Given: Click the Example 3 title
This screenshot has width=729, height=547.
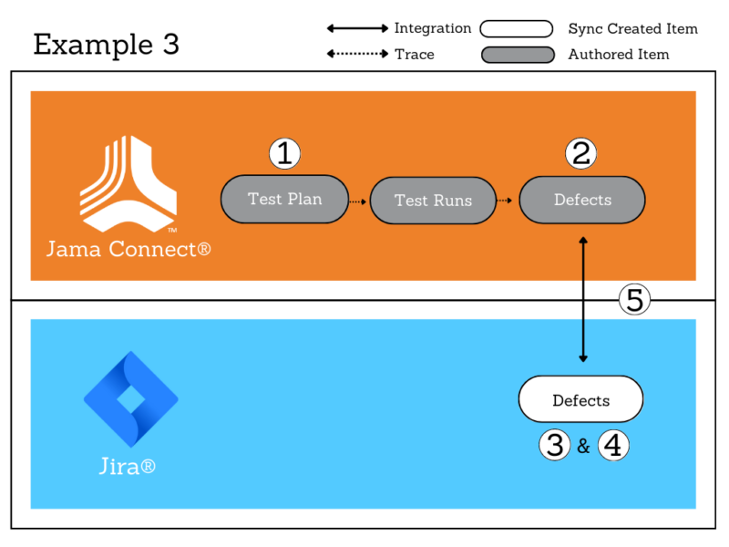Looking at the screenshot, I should pyautogui.click(x=106, y=45).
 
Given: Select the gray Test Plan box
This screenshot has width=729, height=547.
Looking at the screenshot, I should pyautogui.click(x=285, y=199).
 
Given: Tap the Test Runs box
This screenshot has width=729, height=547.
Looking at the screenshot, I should pyautogui.click(x=433, y=201).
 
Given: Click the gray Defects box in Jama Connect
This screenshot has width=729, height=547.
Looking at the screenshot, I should pyautogui.click(x=582, y=200).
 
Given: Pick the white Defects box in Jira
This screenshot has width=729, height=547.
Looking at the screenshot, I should pyautogui.click(x=580, y=400).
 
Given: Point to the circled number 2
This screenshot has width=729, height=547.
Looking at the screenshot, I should pyautogui.click(x=580, y=154).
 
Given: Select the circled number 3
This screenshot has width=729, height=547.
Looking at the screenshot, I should pyautogui.click(x=553, y=446).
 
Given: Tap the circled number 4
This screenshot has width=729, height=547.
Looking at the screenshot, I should pyautogui.click(x=614, y=446).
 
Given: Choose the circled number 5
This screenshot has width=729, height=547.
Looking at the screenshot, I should pyautogui.click(x=634, y=299).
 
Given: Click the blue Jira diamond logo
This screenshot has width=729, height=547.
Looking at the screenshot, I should pyautogui.click(x=130, y=398).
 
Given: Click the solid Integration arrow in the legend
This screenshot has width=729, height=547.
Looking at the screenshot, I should pyautogui.click(x=357, y=29).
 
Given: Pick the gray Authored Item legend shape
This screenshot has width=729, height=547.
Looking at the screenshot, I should pyautogui.click(x=518, y=55).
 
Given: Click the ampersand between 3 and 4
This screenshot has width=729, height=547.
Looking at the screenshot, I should pyautogui.click(x=583, y=447).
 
